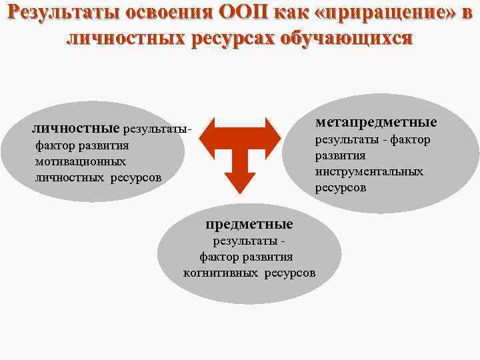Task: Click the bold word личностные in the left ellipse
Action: [x=76, y=127]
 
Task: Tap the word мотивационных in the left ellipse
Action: [x=72, y=161]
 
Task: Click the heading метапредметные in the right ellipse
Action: [x=377, y=122]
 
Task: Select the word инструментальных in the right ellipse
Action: [x=369, y=171]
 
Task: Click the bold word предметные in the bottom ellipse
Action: [x=250, y=222]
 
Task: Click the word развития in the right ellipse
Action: [x=340, y=155]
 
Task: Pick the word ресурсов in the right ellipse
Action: [x=340, y=188]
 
